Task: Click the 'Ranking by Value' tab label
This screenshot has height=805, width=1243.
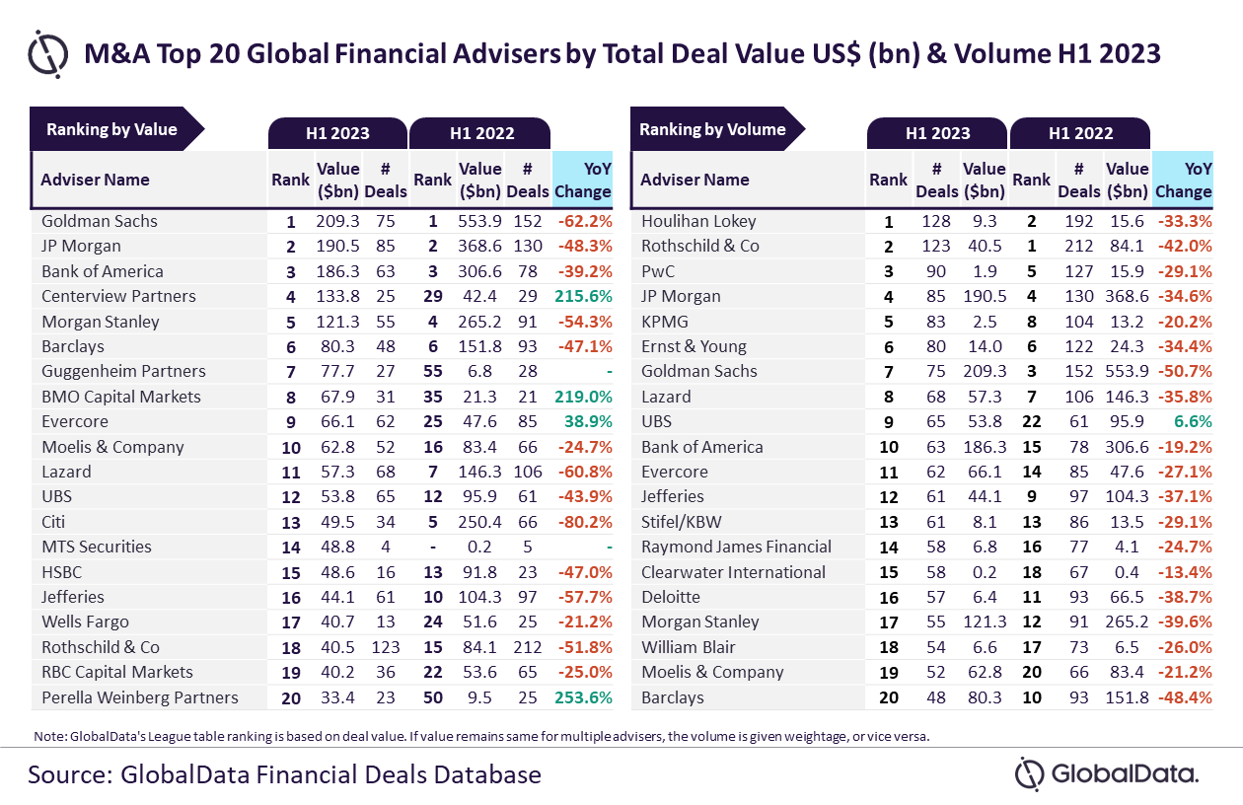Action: click(x=111, y=129)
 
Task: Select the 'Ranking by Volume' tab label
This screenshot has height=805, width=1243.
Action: click(x=712, y=129)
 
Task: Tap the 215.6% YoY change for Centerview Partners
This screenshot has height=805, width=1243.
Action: click(x=583, y=296)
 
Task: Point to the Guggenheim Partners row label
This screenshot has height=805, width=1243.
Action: click(x=123, y=371)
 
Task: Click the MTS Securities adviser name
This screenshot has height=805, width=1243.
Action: click(x=97, y=547)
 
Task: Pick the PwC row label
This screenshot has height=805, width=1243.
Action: click(x=658, y=271)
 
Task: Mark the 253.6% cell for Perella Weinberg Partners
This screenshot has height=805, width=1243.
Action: click(x=583, y=697)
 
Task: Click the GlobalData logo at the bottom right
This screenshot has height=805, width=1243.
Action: click(x=1107, y=773)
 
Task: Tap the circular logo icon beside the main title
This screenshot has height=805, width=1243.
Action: click(x=47, y=53)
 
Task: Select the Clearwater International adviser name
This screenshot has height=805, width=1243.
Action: click(x=733, y=572)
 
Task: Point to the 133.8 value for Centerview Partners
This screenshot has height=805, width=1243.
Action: click(x=337, y=296)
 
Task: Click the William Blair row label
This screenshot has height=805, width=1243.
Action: click(x=689, y=647)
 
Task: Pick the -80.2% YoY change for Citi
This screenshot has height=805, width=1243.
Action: click(x=583, y=522)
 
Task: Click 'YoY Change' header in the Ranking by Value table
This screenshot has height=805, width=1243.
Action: click(x=582, y=180)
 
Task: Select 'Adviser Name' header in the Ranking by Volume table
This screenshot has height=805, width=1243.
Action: click(x=695, y=180)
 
